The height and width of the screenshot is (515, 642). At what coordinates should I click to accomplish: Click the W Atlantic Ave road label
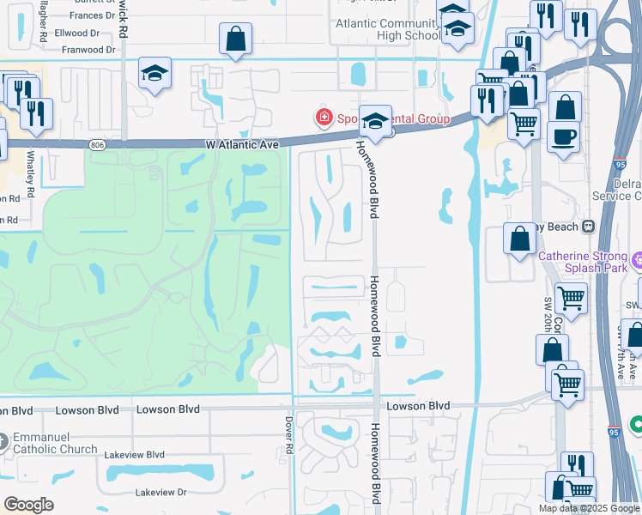click(243, 145)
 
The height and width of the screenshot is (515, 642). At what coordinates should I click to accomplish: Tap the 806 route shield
click(96, 145)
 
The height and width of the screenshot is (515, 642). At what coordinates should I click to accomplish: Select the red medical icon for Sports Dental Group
click(324, 118)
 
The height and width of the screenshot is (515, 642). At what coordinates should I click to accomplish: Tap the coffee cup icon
click(563, 136)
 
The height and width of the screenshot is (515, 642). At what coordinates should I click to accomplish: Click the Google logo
click(28, 505)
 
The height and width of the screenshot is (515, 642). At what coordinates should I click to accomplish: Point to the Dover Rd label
click(289, 436)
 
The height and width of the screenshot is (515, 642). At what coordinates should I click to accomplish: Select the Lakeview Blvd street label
click(133, 454)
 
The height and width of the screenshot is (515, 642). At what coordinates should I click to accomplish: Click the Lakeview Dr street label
click(160, 493)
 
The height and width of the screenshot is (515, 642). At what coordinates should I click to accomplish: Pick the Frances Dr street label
click(93, 15)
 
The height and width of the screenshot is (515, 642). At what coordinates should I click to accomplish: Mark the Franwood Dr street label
click(86, 50)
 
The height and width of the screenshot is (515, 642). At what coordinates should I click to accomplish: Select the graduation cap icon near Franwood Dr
click(155, 74)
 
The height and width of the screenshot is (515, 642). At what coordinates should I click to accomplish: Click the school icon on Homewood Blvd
click(375, 122)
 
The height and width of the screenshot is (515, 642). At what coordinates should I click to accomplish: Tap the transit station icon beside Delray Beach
click(588, 227)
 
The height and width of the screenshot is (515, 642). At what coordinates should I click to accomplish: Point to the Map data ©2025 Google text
click(589, 508)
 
